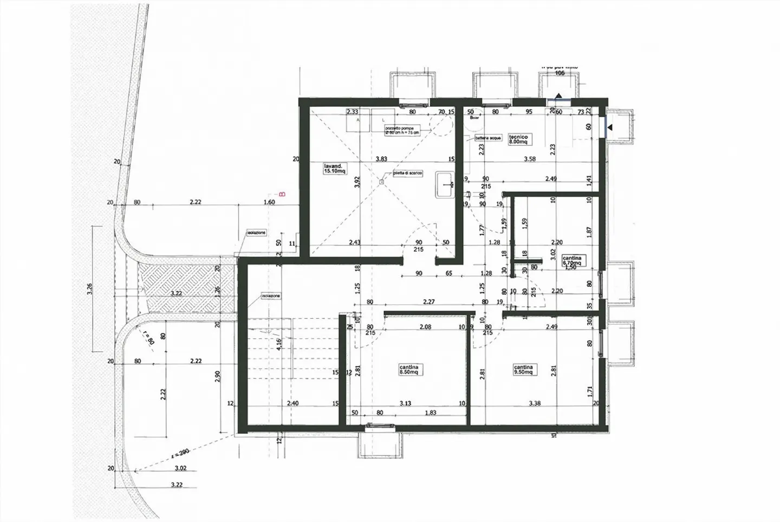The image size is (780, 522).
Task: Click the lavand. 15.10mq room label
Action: (335, 168)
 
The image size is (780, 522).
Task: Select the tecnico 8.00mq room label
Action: (518, 140)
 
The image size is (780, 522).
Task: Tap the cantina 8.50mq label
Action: (409, 370)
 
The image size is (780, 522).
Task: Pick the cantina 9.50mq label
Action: (524, 370)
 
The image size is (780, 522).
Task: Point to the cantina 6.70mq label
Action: (571, 261)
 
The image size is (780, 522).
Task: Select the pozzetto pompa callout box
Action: (401, 130)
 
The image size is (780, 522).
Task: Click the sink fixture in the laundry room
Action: (445, 184)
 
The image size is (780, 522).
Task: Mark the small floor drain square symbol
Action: (381, 182)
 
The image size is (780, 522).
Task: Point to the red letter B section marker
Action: (281, 194)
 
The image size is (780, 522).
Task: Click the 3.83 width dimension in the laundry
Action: (381, 159)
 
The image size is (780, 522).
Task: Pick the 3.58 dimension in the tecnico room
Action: (529, 159)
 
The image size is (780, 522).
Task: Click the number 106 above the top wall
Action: (560, 73)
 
